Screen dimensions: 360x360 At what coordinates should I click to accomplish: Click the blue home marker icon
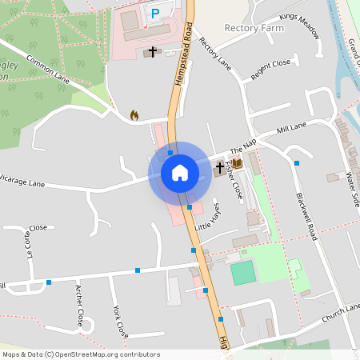(180, 173)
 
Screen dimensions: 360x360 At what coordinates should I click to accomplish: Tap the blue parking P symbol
(155, 13)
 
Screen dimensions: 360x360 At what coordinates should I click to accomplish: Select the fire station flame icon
(134, 115)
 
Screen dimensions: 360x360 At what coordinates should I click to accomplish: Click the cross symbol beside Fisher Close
(221, 169)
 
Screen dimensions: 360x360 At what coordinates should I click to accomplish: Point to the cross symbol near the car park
(152, 52)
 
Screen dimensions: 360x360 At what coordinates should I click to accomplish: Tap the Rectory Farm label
(255, 27)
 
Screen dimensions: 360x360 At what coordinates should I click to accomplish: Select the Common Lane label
(49, 69)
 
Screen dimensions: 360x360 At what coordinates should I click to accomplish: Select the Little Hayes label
(209, 217)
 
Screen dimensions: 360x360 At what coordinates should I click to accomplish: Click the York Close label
(121, 320)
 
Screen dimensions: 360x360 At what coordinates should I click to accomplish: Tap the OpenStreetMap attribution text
(70, 354)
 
